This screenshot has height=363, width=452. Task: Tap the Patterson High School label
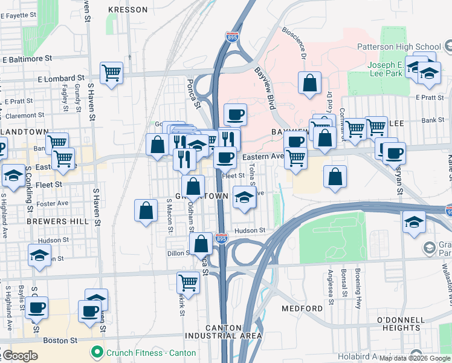coord(408,47)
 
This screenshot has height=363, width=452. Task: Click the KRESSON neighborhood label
coord(128,10)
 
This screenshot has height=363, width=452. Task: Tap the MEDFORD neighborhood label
coord(302,309)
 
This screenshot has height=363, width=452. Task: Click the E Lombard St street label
coord(60,78)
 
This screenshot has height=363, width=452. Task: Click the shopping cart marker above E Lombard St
coord(112,74)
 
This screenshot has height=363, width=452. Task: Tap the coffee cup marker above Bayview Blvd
coord(235,114)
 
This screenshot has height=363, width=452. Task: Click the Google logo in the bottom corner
coord(20,355)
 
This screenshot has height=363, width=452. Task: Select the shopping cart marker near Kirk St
coord(189,283)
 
